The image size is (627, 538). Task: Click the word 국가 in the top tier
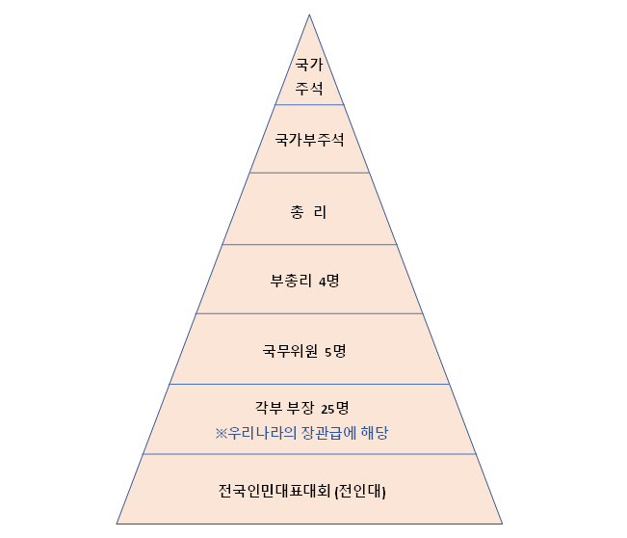click(x=309, y=67)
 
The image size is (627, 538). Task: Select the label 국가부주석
click(x=309, y=139)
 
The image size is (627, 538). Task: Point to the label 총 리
click(x=309, y=211)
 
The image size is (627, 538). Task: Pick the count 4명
click(x=329, y=282)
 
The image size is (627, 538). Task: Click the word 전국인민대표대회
click(x=274, y=491)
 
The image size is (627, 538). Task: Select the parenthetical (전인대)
click(x=360, y=491)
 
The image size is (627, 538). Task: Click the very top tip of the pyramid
click(x=309, y=14)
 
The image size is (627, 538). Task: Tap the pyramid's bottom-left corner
click(x=118, y=524)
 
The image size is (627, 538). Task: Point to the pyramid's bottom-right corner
click(x=502, y=524)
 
